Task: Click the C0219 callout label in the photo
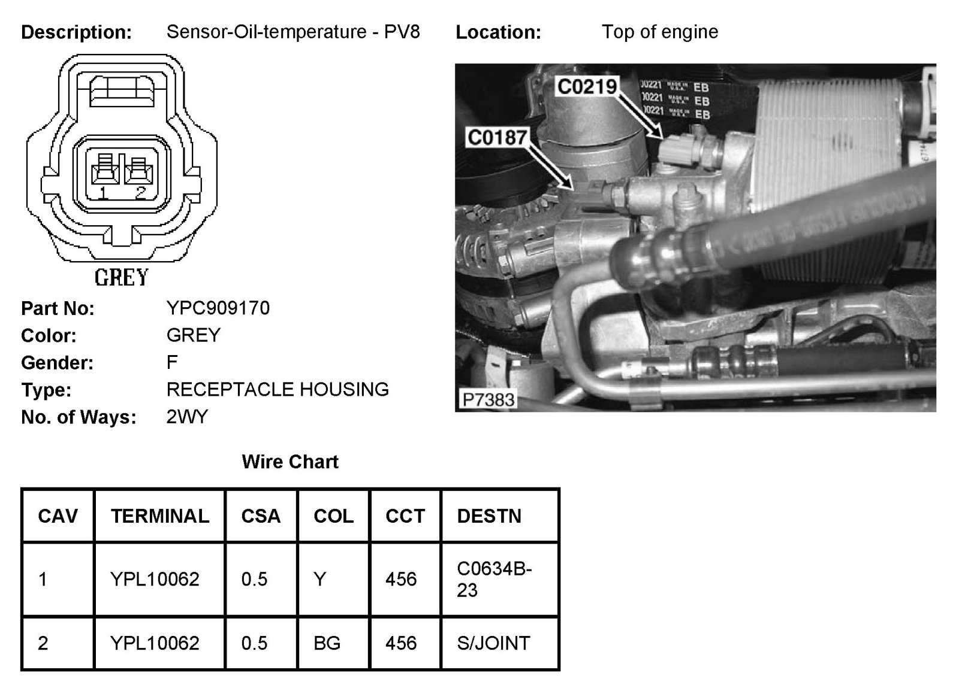coord(587,86)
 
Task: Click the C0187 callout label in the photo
coord(497,138)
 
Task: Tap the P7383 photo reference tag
coord(488,399)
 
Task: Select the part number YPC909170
coord(218,308)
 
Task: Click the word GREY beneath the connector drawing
coord(122,278)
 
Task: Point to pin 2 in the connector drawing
coord(139,174)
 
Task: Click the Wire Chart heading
coord(290,462)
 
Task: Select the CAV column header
coord(58,516)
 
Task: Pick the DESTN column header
coord(489,516)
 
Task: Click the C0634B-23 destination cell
coord(494,579)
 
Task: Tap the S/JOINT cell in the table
coord(493,643)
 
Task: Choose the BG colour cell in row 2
coord(327,643)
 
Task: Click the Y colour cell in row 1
coord(320,579)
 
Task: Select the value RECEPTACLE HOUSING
coord(278,389)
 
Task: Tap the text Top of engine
coord(660,32)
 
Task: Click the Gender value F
coord(172,362)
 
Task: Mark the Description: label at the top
coord(76,32)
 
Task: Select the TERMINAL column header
coord(160,516)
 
